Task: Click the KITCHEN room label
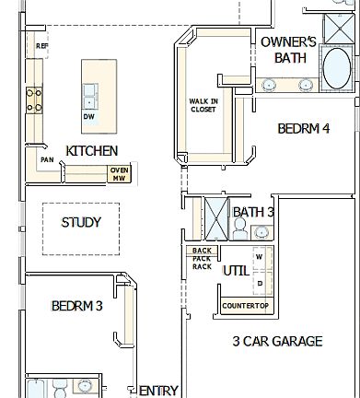coord(91,150)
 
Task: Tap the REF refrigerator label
coord(41,44)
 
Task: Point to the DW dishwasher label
coord(88,117)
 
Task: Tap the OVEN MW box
coord(119,173)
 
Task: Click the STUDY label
coord(81,222)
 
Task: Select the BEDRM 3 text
coord(76,306)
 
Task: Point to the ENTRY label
coord(158,391)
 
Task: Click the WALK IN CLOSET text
coord(203,104)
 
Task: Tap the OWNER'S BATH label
coord(288,50)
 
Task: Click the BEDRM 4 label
coord(303,129)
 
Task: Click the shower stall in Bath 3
coord(215,219)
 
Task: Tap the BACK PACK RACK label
coord(202,260)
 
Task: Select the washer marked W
coord(260,256)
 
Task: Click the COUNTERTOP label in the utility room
coord(245,305)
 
